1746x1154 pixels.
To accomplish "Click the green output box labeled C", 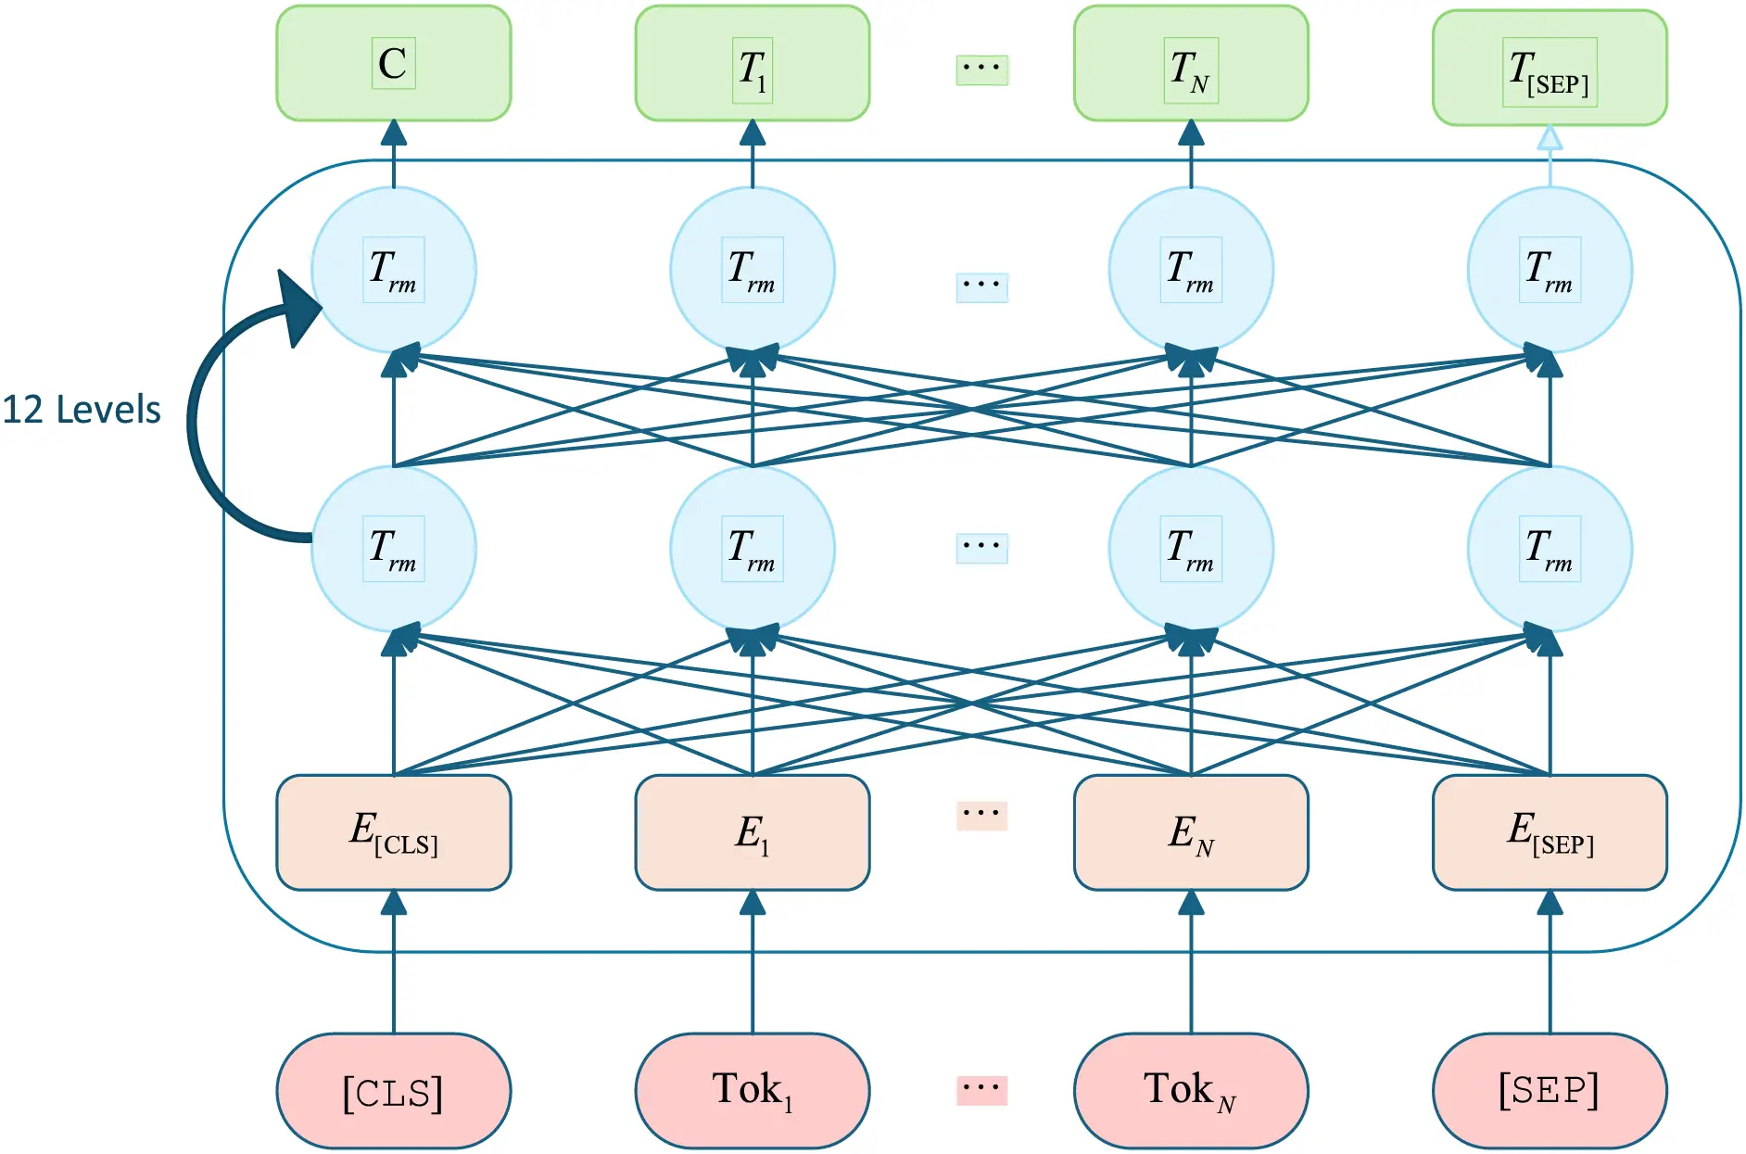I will [x=393, y=63].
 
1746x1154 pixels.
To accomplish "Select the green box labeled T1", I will [x=752, y=63].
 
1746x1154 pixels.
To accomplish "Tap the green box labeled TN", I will [x=1190, y=63].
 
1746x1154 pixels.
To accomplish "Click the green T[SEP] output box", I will [x=1549, y=68].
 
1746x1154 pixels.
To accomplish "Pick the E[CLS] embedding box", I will [x=393, y=831].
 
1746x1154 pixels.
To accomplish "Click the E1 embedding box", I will [x=752, y=831].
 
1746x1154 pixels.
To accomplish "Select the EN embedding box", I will [x=1190, y=831].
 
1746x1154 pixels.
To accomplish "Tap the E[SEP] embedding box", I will [x=1549, y=831].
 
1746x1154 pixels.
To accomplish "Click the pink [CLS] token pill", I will [x=393, y=1091].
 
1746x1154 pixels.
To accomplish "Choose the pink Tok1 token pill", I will [x=752, y=1091].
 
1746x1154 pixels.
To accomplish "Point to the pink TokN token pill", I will [x=1190, y=1091].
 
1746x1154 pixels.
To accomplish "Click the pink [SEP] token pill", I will [x=1549, y=1091].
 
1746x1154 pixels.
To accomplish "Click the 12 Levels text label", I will [x=82, y=410].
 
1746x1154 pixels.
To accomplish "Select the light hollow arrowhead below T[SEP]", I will [x=1550, y=139].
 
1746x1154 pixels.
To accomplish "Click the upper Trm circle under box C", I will [x=393, y=270].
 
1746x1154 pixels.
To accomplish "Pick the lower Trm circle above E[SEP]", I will [x=1549, y=549].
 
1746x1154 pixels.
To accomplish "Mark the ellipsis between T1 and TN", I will [x=981, y=69].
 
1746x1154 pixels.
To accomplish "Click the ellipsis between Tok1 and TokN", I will [x=981, y=1088].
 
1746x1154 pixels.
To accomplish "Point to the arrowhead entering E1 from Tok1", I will [x=753, y=902].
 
